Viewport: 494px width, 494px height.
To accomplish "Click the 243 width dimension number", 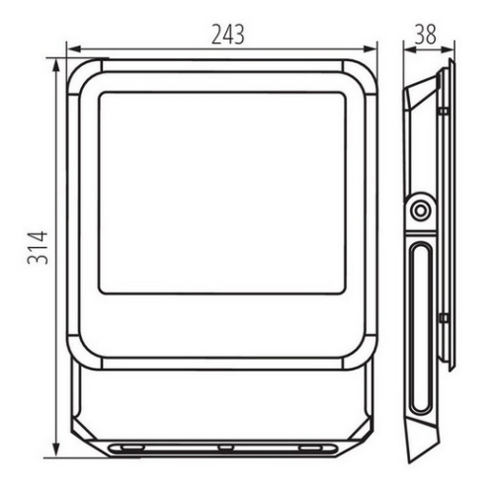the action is [228, 35].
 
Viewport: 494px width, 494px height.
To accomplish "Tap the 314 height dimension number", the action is [38, 248].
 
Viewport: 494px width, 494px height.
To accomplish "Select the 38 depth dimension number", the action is [426, 34].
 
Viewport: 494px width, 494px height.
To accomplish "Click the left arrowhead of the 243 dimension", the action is [74, 49].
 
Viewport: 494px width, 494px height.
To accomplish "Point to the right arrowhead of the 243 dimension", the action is [370, 49].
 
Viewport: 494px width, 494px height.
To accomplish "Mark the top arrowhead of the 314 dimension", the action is [56, 66].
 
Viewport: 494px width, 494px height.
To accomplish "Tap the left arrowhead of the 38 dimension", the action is [410, 49].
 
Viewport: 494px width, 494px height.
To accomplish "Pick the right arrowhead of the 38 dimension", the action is [448, 49].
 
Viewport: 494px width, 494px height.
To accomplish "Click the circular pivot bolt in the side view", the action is [420, 210].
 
